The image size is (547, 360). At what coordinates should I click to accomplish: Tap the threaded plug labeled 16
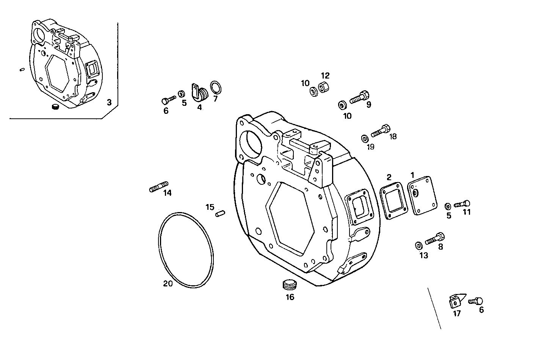(x=289, y=284)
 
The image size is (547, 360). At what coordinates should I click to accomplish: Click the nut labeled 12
(x=324, y=86)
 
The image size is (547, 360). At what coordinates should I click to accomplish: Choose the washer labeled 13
(x=418, y=245)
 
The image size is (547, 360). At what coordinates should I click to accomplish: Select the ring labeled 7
(x=216, y=87)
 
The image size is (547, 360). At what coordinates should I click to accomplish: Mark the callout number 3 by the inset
(x=109, y=102)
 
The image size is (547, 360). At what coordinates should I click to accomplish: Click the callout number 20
(x=168, y=283)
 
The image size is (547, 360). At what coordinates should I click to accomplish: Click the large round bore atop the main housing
(x=252, y=145)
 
